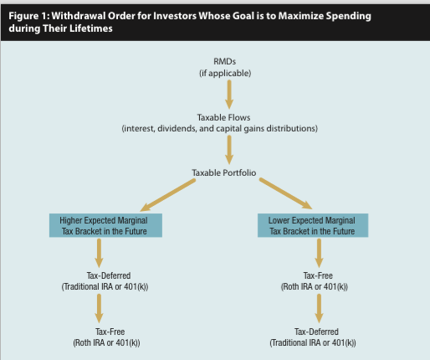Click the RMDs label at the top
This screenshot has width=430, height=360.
[x=224, y=61]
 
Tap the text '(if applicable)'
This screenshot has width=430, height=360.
[x=225, y=73]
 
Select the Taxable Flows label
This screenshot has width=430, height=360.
[x=223, y=117]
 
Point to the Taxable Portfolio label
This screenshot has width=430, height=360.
[x=224, y=172]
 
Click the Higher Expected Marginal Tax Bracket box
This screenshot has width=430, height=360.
[x=105, y=225]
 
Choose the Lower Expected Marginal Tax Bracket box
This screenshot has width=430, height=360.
[x=313, y=225]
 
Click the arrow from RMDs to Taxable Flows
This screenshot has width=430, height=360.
[x=229, y=95]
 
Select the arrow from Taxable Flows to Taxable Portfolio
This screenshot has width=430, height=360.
[x=229, y=150]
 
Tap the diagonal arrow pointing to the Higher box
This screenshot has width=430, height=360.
[x=168, y=195]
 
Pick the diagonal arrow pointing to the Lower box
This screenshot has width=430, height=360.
[x=285, y=193]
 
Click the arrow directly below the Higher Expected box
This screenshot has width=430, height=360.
[x=99, y=254]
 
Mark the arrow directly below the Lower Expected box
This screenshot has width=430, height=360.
[x=319, y=254]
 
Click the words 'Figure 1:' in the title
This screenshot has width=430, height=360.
[x=29, y=16]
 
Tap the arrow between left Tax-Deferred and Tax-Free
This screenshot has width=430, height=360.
[x=99, y=309]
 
